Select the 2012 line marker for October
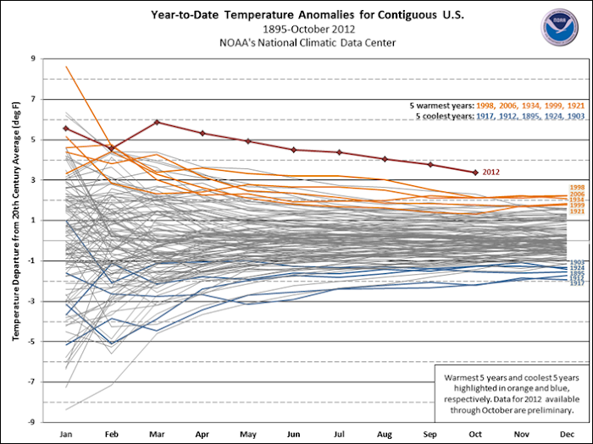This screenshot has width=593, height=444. point(476,173)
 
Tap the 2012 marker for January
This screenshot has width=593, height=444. point(66,128)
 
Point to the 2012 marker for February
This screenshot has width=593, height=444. point(112,148)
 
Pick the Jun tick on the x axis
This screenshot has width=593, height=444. point(293,434)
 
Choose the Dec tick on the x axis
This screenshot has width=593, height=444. point(567,434)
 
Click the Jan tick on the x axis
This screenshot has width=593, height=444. point(65,434)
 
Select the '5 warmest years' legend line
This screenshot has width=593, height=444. point(496,105)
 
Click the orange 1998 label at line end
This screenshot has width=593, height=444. point(577,187)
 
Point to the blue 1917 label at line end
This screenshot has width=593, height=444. point(577,282)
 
